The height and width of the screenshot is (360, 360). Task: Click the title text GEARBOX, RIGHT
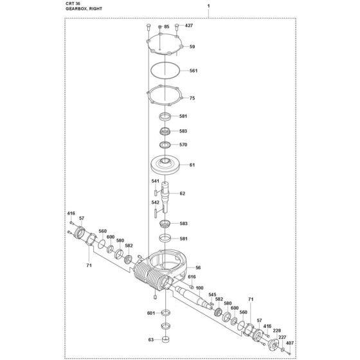click(84, 9)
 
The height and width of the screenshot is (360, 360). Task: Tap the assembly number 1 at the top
click(208, 6)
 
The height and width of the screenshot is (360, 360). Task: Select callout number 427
click(189, 26)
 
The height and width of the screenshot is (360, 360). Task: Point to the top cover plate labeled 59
click(165, 44)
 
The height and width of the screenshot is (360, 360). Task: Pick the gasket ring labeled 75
click(165, 95)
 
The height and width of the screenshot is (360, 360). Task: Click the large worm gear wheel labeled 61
click(165, 166)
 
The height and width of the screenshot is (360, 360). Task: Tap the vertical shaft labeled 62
click(165, 197)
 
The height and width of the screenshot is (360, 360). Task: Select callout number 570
click(183, 145)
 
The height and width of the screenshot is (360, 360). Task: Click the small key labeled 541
click(156, 192)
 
